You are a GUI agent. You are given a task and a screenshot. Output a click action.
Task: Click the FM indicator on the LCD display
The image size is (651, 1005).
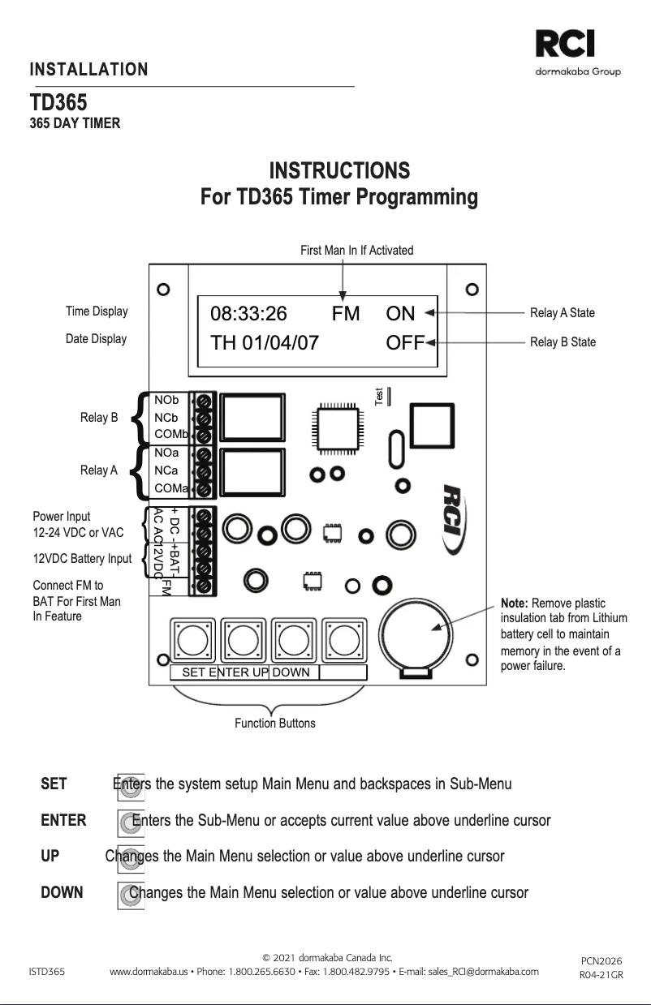point(345,314)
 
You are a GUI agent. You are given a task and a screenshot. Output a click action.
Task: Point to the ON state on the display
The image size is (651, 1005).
point(400,314)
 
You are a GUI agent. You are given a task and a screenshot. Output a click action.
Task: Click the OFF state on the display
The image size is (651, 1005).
point(405,342)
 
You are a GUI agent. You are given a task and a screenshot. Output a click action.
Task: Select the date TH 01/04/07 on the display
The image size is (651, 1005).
point(264,342)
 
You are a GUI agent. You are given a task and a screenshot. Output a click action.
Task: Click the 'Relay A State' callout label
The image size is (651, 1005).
point(563,313)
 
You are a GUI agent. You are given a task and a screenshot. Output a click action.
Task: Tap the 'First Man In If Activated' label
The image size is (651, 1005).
point(356,250)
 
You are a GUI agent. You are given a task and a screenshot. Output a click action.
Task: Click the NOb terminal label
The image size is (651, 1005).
point(166,400)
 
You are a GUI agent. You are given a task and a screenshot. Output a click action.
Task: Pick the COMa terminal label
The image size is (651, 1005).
point(170,488)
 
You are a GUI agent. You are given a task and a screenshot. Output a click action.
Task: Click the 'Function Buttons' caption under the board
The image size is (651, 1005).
point(274,723)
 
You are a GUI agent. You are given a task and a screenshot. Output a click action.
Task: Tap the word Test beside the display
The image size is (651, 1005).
point(379,397)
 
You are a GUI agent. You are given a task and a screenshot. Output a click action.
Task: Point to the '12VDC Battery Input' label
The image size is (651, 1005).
point(82,559)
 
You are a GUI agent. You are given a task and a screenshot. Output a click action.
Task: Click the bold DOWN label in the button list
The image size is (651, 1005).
point(62,893)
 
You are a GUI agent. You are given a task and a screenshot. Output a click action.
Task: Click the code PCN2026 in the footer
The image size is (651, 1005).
point(601,961)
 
